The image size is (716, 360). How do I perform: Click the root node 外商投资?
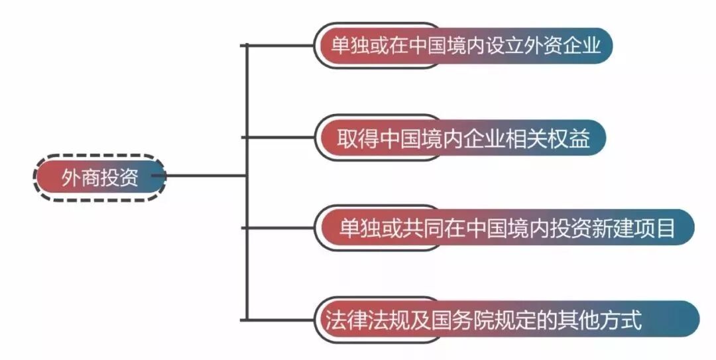coord(99,177)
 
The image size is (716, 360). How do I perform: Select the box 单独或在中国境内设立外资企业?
coord(463,46)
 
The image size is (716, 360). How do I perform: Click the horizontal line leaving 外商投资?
coord(206,176)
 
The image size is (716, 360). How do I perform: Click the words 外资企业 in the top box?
coord(563,46)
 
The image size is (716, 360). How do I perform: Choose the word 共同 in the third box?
coord(420,229)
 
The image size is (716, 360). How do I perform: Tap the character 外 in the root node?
coord(71,178)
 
